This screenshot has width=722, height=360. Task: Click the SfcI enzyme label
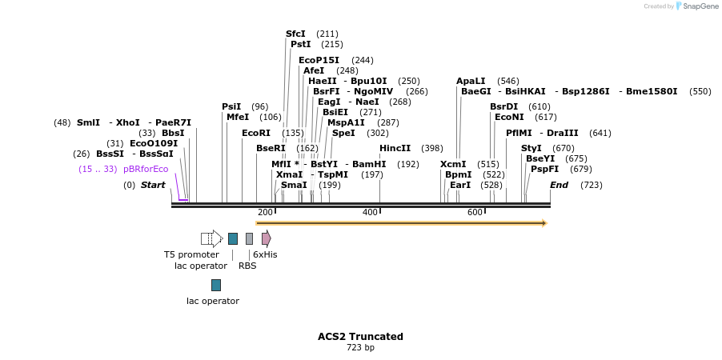[295, 34]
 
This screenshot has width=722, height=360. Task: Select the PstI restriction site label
[300, 44]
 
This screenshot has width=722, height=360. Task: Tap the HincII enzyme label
[395, 148]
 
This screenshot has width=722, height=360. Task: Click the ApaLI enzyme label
[471, 81]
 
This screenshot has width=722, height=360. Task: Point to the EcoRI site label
[256, 133]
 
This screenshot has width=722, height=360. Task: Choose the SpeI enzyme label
[343, 133]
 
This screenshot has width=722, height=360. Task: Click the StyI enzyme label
[531, 148]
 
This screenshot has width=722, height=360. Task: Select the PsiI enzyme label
[231, 106]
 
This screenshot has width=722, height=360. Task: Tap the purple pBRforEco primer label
[146, 169]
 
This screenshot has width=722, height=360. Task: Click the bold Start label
[153, 185]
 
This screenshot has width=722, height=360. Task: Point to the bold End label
[559, 185]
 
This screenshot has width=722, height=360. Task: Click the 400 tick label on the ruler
[370, 212]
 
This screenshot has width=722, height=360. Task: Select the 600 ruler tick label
[475, 212]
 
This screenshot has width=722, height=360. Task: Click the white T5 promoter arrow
[211, 238]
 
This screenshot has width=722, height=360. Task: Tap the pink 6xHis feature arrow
[267, 238]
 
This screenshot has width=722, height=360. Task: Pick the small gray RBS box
[249, 238]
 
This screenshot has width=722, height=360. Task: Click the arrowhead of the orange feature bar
[544, 223]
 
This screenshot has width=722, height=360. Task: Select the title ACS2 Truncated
[360, 337]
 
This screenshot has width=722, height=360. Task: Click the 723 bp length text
[360, 348]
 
